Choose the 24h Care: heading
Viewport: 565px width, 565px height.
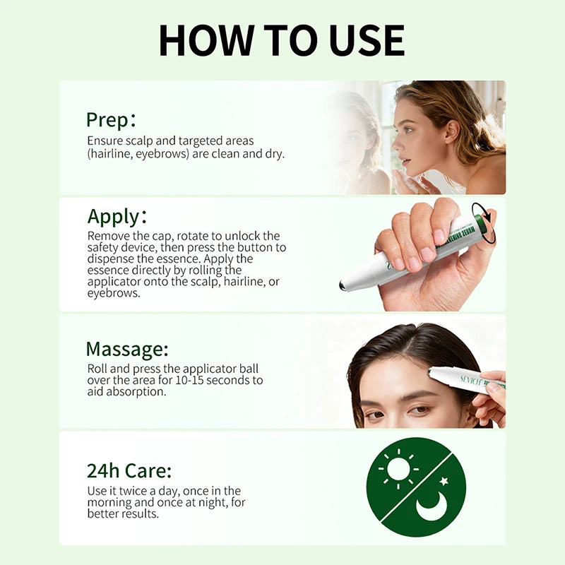(129, 471)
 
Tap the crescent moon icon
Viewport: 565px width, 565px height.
(432, 506)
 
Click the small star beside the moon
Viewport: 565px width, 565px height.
(444, 481)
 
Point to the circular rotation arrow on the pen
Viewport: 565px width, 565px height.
(483, 221)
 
